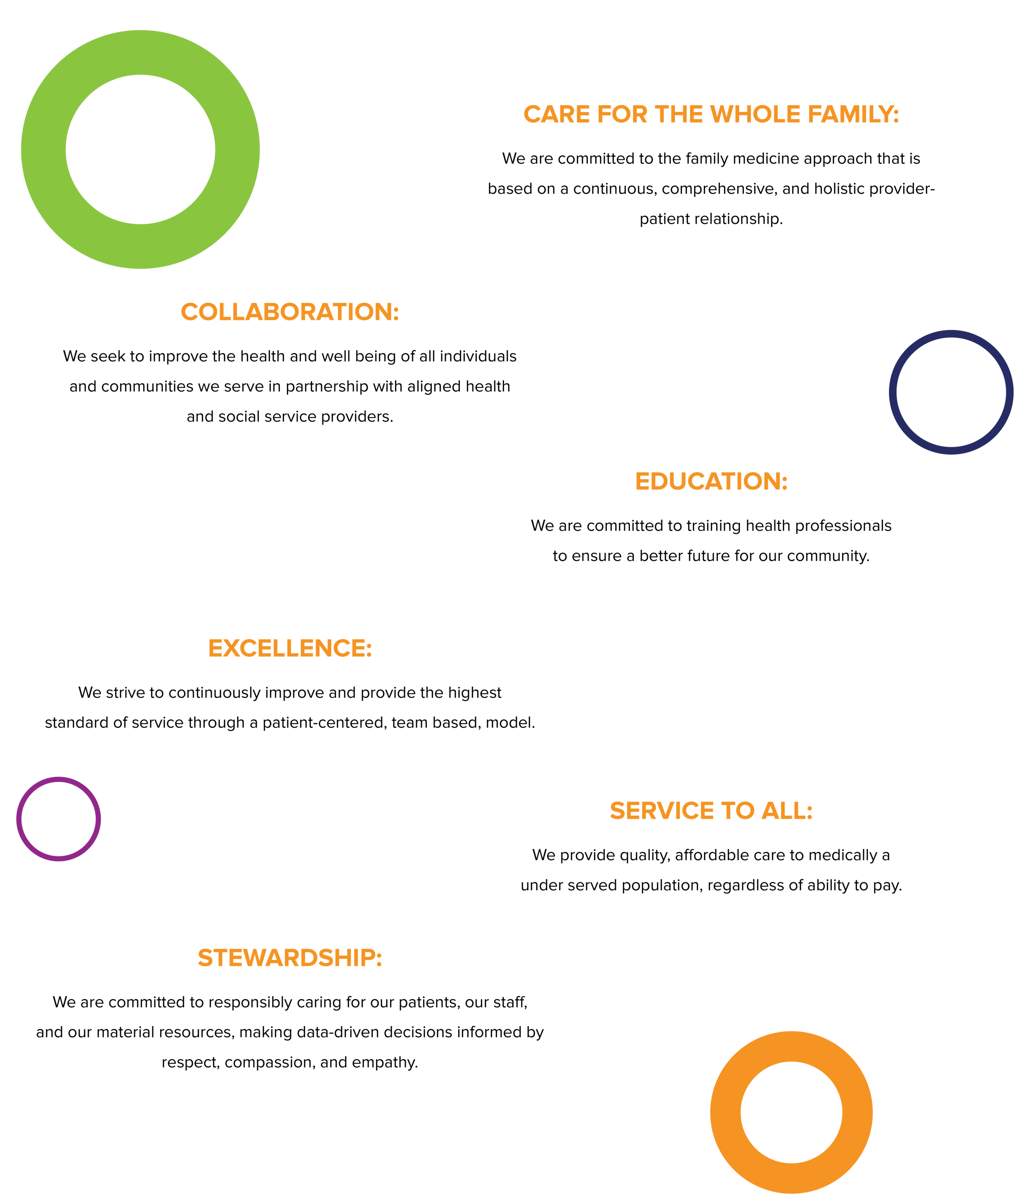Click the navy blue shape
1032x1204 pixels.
tap(959, 395)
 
